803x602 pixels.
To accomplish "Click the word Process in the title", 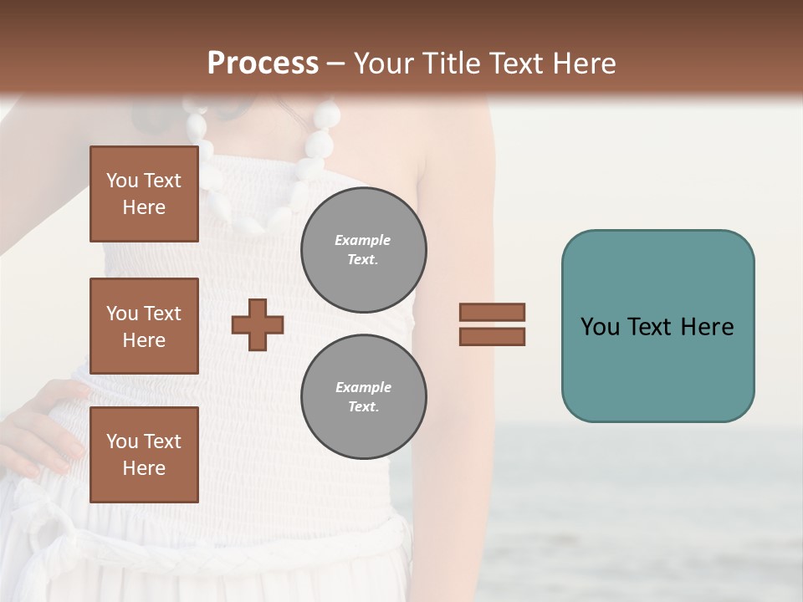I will pyautogui.click(x=263, y=64).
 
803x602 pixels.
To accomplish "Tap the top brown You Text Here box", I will pyautogui.click(x=144, y=194).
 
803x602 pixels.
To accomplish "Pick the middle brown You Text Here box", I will pyautogui.click(x=144, y=326).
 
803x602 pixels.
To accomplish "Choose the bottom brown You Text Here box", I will pyautogui.click(x=144, y=454).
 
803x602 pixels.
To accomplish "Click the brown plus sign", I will pyautogui.click(x=258, y=324).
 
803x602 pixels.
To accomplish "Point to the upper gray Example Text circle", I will pyautogui.click(x=363, y=249).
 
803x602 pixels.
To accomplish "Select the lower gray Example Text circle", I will pyautogui.click(x=363, y=396).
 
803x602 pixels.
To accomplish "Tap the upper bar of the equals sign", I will pyautogui.click(x=493, y=313).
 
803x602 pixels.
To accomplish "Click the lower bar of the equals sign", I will pyautogui.click(x=493, y=336).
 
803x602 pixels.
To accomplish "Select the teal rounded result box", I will pyautogui.click(x=657, y=326).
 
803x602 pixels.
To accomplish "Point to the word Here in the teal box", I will pyautogui.click(x=708, y=326).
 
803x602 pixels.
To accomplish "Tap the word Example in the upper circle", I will pyautogui.click(x=363, y=240).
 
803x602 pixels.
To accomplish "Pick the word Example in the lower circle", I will pyautogui.click(x=363, y=387).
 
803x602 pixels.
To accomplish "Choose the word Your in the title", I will pyautogui.click(x=384, y=64).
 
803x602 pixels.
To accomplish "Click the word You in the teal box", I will pyautogui.click(x=601, y=326).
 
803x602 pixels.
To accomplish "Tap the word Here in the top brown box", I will pyautogui.click(x=144, y=207).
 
